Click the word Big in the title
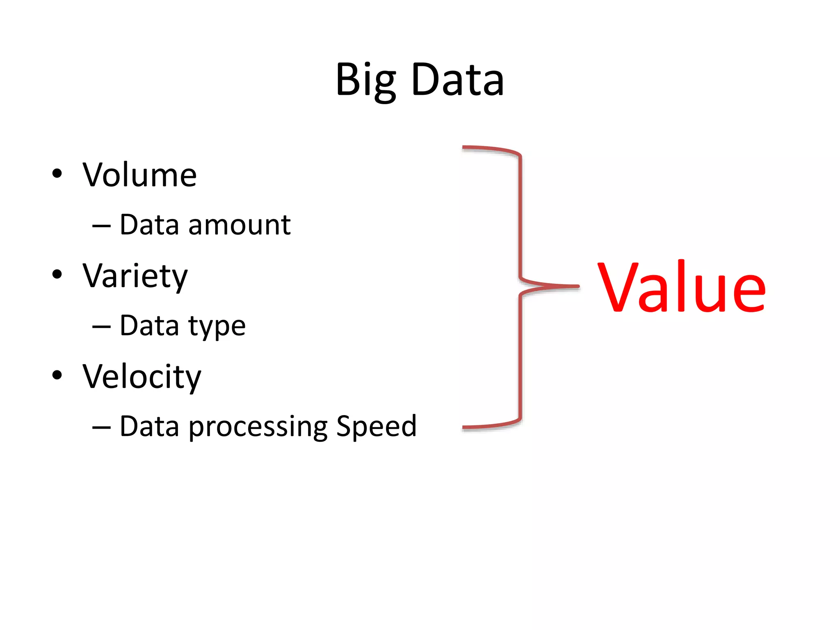[x=365, y=80]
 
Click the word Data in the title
[x=457, y=80]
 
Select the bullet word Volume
[x=139, y=175]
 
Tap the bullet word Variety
[x=135, y=276]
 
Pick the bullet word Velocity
[x=142, y=377]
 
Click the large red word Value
[x=681, y=287]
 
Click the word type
[x=217, y=326]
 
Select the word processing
[x=258, y=427]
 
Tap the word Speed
[x=376, y=427]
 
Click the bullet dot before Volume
[x=57, y=173]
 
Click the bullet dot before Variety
[x=57, y=274]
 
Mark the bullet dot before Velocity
[x=57, y=375]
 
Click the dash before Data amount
[x=101, y=226]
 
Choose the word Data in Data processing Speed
[x=150, y=426]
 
